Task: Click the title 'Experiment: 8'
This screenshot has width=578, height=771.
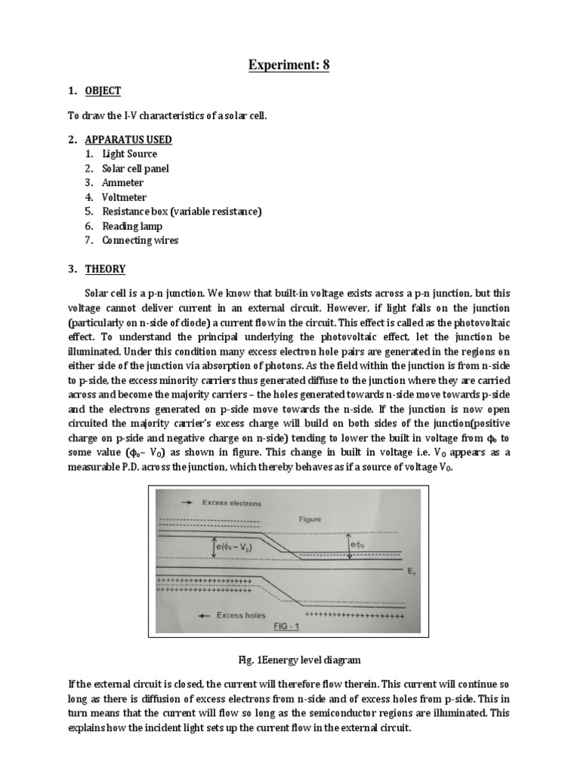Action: (289, 65)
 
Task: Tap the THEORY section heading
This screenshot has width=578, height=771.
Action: (105, 269)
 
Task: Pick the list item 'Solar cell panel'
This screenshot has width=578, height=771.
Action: (135, 169)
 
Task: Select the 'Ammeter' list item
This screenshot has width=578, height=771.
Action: (123, 183)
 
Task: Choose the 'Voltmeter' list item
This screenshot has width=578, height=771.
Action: (125, 197)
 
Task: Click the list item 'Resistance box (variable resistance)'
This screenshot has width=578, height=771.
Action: (181, 212)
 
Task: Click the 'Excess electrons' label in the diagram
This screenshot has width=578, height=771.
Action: (231, 502)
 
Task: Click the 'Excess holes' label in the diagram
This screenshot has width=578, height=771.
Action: (241, 615)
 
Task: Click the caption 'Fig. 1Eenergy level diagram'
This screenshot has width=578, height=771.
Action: (289, 660)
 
